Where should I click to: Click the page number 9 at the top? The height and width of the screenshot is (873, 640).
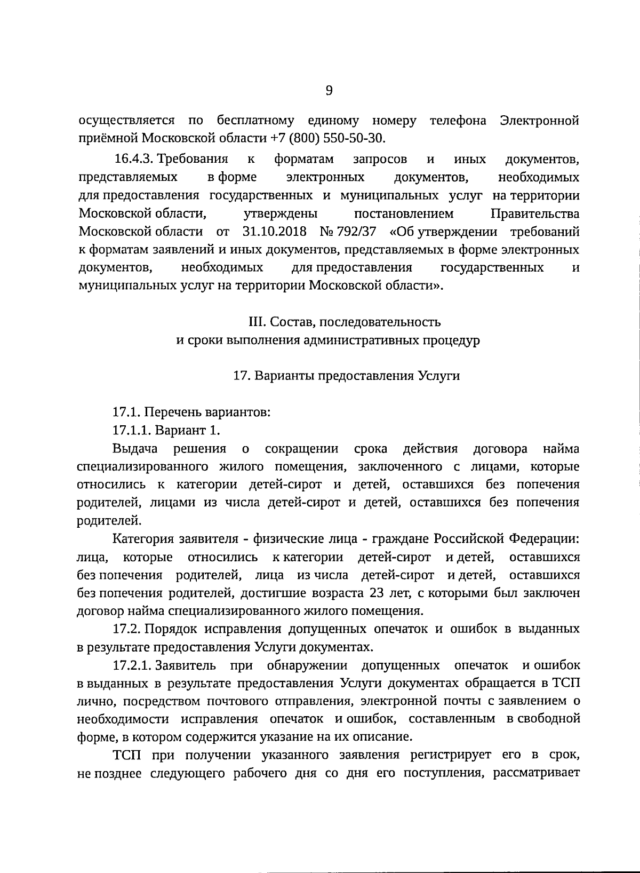[x=329, y=91]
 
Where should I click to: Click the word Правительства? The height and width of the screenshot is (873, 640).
[x=534, y=214]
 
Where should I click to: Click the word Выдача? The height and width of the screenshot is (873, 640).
[x=131, y=448]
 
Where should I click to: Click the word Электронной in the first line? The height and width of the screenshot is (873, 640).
[x=540, y=120]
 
